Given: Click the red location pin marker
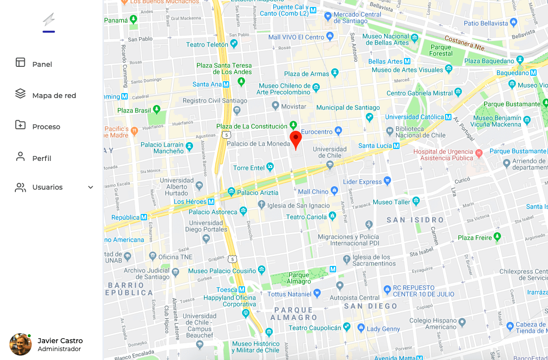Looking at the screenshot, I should pyautogui.click(x=296, y=139).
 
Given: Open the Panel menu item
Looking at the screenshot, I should pyautogui.click(x=42, y=64).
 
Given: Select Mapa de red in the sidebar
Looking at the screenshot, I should pyautogui.click(x=54, y=96).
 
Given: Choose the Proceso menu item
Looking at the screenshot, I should pyautogui.click(x=46, y=127).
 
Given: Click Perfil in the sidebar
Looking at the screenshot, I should pyautogui.click(x=42, y=158).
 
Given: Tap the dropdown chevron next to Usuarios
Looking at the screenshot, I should pyautogui.click(x=91, y=187).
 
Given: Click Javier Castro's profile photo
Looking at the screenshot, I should pyautogui.click(x=20, y=344).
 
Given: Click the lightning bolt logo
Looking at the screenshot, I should pyautogui.click(x=49, y=20).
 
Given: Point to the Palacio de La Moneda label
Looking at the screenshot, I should pyautogui.click(x=258, y=144).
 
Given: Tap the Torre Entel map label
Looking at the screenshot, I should pyautogui.click(x=249, y=168).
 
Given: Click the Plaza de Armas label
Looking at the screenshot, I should pyautogui.click(x=306, y=74).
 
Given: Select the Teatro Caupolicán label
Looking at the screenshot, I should pyautogui.click(x=314, y=328).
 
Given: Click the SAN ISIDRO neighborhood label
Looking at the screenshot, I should pyautogui.click(x=415, y=220).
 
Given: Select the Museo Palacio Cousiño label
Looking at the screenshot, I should pyautogui.click(x=222, y=271).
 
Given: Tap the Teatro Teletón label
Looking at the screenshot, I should pyautogui.click(x=207, y=45).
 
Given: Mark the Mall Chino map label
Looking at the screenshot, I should pyautogui.click(x=313, y=192).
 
